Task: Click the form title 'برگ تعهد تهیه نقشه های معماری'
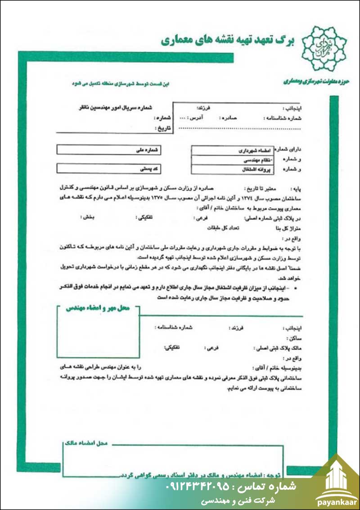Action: (227, 41)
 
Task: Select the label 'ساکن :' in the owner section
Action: (293, 337)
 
